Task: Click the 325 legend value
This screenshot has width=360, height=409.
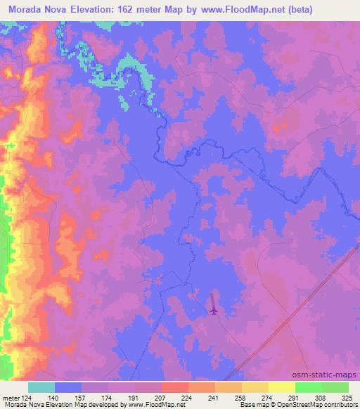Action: pyautogui.click(x=346, y=397)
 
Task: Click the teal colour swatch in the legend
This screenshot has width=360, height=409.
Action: pyautogui.click(x=41, y=387)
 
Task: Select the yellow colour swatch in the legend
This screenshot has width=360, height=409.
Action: pyautogui.click(x=281, y=387)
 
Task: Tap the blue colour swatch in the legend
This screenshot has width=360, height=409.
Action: pyautogui.click(x=68, y=387)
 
